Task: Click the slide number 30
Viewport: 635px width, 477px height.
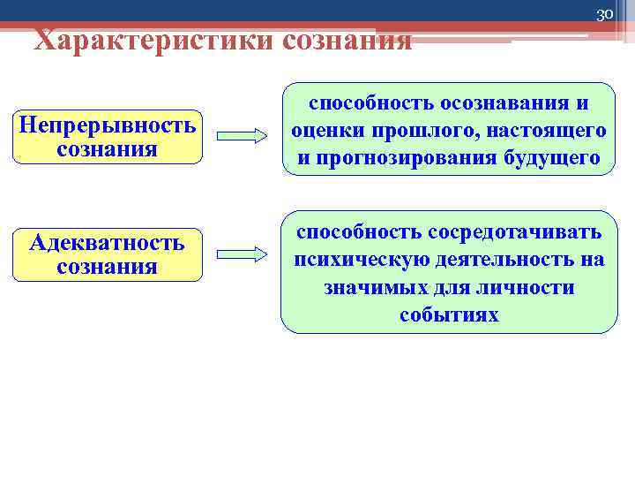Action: [x=604, y=14]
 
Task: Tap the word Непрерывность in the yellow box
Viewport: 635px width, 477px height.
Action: [x=107, y=125]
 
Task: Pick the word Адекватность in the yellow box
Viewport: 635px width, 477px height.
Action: [x=107, y=242]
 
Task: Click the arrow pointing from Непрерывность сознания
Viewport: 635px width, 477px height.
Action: [x=241, y=136]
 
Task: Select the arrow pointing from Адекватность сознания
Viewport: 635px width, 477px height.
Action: [x=241, y=254]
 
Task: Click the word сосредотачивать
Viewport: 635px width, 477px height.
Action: [x=515, y=231]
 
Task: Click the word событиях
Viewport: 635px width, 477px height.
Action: [x=449, y=315]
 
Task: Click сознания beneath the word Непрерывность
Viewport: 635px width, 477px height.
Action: [x=107, y=148]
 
